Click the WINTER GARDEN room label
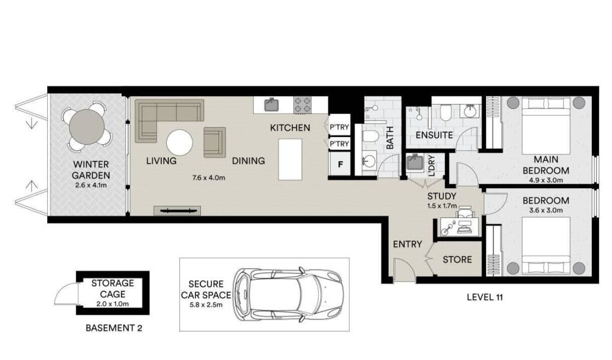click(x=91, y=170)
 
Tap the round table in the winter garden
click(x=87, y=127)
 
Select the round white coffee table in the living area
click(x=180, y=143)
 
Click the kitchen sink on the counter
click(x=272, y=105)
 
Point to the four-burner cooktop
click(x=302, y=105)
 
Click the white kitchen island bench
click(x=290, y=160)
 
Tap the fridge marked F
click(x=340, y=164)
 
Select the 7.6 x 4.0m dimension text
click(x=209, y=178)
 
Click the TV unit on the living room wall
click(x=177, y=210)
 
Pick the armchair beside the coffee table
click(x=215, y=142)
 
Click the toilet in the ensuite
click(x=446, y=112)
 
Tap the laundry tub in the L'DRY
click(x=415, y=162)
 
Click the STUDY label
click(x=442, y=196)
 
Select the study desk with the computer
click(x=460, y=226)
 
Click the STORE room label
click(x=457, y=260)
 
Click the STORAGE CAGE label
click(x=112, y=288)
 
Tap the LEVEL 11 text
click(x=485, y=297)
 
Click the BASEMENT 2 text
click(x=114, y=328)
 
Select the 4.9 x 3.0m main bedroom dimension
click(x=546, y=180)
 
